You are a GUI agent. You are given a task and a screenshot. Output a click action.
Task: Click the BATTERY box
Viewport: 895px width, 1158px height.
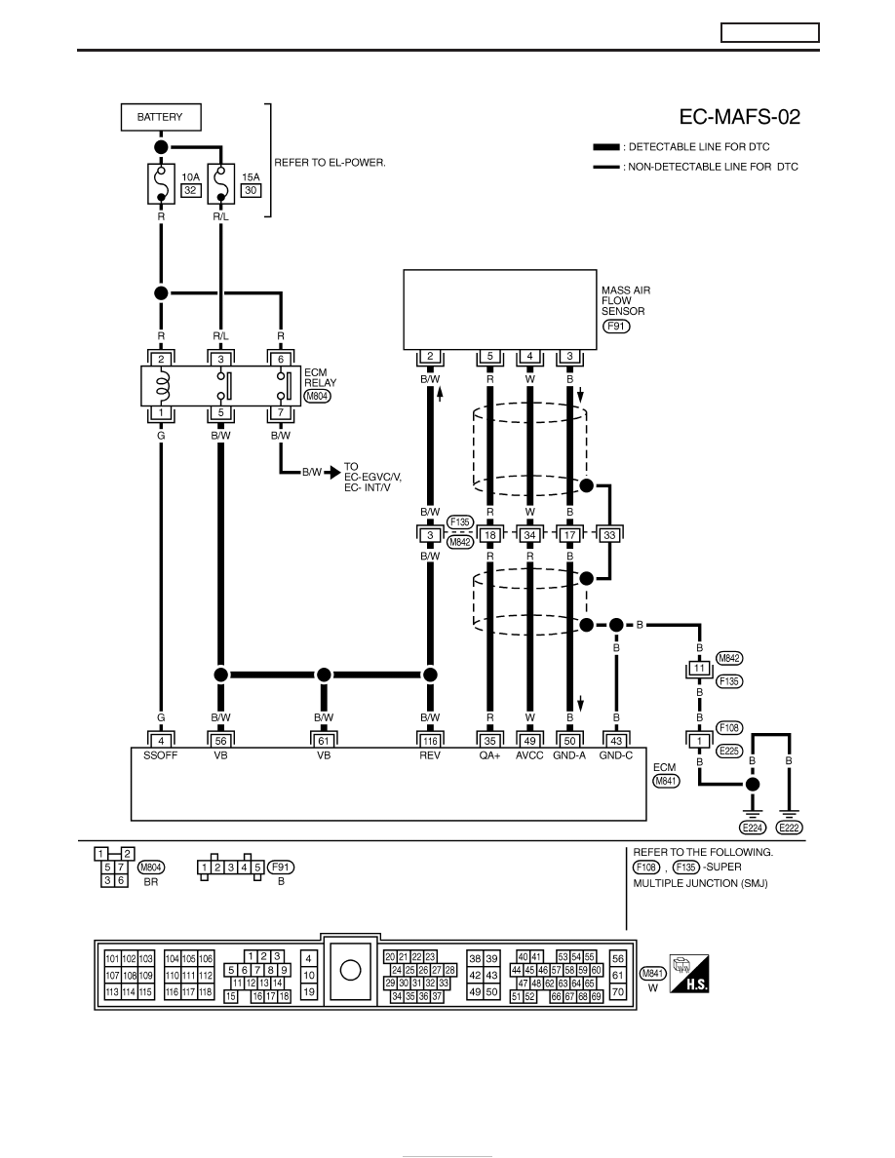(161, 117)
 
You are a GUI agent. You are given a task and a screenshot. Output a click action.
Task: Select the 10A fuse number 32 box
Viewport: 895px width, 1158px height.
(190, 190)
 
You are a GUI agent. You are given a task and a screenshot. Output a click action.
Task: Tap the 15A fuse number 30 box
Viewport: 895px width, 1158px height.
(251, 190)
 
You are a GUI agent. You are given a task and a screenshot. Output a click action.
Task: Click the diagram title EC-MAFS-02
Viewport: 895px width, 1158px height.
(739, 117)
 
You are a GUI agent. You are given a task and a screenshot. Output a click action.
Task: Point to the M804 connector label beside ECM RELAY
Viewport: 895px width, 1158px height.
(318, 396)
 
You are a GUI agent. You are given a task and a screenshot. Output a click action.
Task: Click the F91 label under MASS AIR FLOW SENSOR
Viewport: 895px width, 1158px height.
(616, 326)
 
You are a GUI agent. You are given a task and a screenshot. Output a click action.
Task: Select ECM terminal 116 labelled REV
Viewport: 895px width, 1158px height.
(430, 740)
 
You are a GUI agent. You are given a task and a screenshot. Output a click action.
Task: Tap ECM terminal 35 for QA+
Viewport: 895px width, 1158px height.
(489, 740)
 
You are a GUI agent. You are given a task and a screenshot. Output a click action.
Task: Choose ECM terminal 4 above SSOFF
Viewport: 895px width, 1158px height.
(161, 740)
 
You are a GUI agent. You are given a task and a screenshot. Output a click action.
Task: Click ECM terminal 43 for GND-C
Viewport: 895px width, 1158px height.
(616, 740)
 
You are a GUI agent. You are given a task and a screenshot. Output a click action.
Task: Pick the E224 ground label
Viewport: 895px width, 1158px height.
(753, 828)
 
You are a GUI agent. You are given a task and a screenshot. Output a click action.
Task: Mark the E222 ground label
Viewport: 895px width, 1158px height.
(790, 828)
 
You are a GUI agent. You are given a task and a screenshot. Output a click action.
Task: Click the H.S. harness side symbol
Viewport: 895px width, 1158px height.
(689, 974)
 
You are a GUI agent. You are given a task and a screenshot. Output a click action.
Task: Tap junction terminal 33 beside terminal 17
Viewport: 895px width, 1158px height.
(609, 535)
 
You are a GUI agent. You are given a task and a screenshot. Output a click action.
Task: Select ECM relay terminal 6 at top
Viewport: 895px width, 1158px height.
(281, 359)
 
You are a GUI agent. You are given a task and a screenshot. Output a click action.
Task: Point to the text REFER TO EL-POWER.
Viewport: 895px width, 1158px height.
(331, 163)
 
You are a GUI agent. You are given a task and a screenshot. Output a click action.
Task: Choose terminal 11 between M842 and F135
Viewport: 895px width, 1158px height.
(699, 669)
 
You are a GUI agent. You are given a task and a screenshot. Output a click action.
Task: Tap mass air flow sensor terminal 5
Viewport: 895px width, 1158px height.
(489, 356)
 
